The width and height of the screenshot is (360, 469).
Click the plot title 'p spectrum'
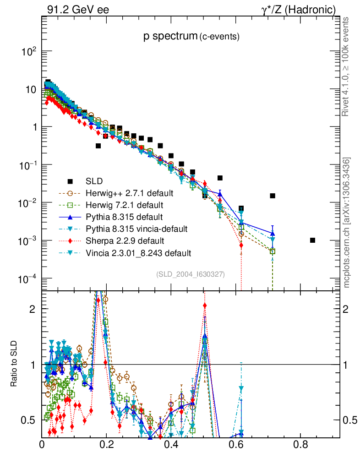pos(170,37)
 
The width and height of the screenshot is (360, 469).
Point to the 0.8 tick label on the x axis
pos(300,444)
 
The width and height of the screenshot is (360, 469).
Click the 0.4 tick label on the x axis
pos(171,444)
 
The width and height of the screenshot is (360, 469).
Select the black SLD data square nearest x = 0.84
pos(312,240)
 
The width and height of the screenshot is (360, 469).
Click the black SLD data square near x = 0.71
pos(273,196)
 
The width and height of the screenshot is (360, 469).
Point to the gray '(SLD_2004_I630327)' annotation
pos(191,274)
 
